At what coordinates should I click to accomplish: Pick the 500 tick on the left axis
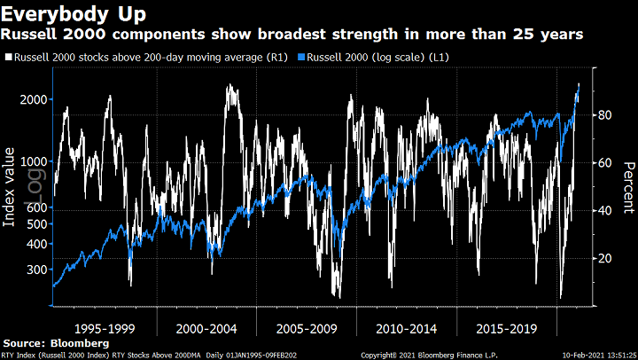[34, 224]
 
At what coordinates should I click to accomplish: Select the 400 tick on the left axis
[34, 244]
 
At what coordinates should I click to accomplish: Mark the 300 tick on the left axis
[34, 270]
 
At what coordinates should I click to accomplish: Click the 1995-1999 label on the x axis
[105, 327]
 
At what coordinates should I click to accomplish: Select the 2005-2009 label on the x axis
[307, 327]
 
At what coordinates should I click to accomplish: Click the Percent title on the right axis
[627, 188]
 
